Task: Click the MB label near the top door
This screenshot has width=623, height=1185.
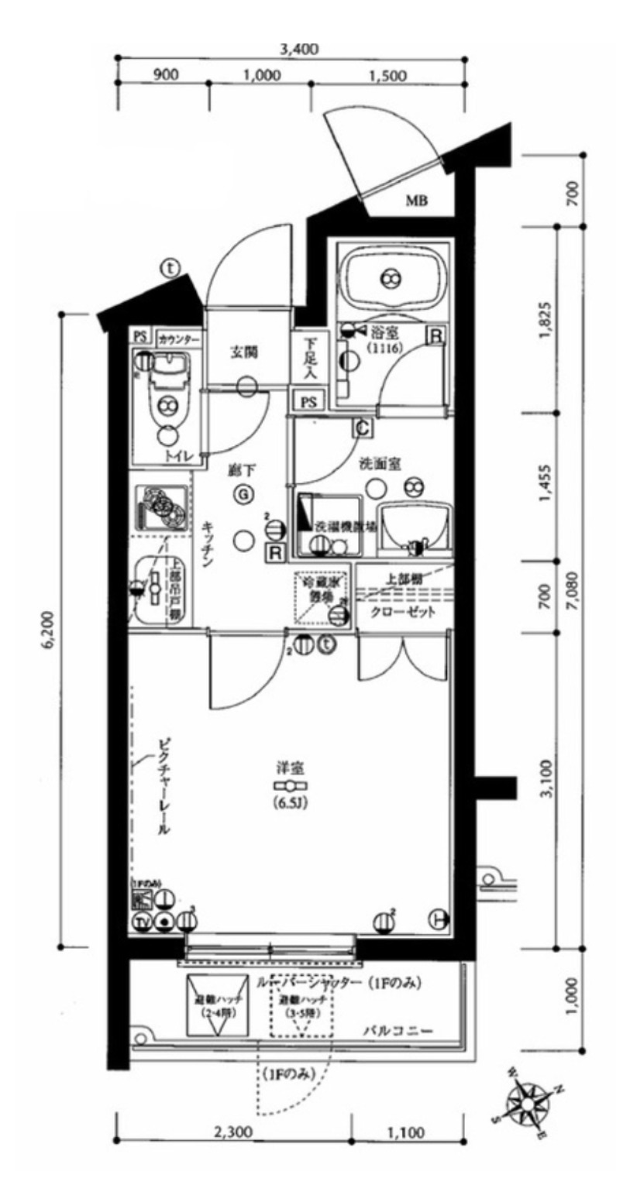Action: pos(418,202)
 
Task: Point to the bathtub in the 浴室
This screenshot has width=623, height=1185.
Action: pos(391,278)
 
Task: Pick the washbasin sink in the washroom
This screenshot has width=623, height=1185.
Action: pos(417,527)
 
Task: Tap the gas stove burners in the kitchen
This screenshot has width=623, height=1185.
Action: pos(162,508)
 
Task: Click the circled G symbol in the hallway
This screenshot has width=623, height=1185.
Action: pos(243,493)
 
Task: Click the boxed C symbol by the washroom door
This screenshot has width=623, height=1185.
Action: pos(362,426)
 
